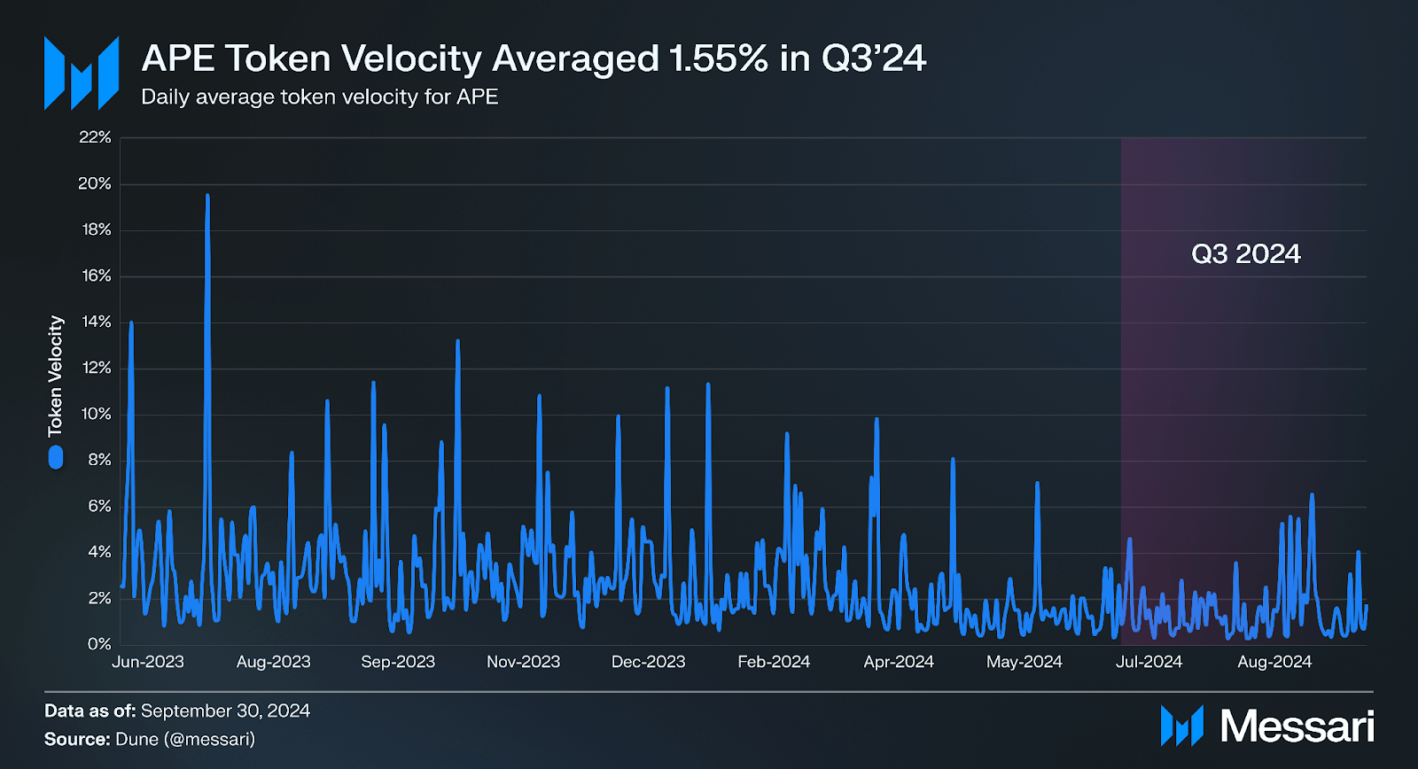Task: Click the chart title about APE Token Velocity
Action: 534,58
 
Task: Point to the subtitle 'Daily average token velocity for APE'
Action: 319,97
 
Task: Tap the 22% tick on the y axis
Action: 95,137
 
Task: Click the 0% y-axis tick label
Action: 99,644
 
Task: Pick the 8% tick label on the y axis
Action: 99,460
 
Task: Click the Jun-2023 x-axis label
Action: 148,662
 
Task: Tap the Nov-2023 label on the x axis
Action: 523,662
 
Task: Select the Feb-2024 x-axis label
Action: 774,662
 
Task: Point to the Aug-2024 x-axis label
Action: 1274,662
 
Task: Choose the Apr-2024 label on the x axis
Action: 899,662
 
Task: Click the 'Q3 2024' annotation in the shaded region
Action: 1245,254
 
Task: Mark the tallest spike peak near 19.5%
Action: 207,196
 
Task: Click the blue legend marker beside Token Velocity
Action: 56,457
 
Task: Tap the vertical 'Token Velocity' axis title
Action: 56,376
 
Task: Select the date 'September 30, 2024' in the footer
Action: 225,711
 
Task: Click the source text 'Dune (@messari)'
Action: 184,739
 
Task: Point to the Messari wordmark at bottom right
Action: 1297,726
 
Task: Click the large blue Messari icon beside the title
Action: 82,74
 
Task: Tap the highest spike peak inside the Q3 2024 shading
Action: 1312,495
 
